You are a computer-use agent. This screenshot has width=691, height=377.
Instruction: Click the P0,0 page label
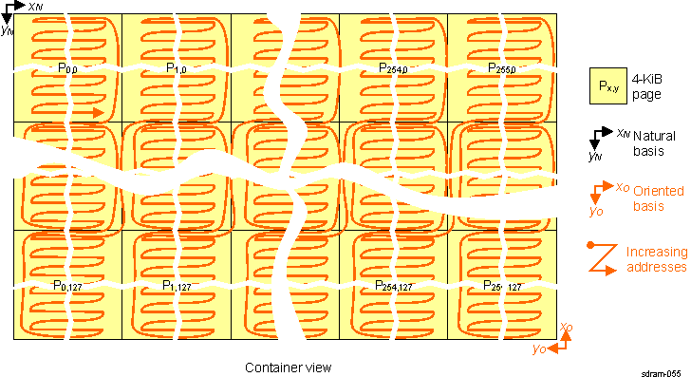[67, 68]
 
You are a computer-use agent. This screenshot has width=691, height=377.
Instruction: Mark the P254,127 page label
[393, 285]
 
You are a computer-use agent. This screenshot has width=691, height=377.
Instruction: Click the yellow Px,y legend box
[608, 86]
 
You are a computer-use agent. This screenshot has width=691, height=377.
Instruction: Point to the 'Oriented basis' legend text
[655, 197]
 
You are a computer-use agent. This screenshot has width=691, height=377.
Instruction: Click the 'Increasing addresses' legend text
[656, 259]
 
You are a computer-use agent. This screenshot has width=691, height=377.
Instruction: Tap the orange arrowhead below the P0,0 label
[99, 111]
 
